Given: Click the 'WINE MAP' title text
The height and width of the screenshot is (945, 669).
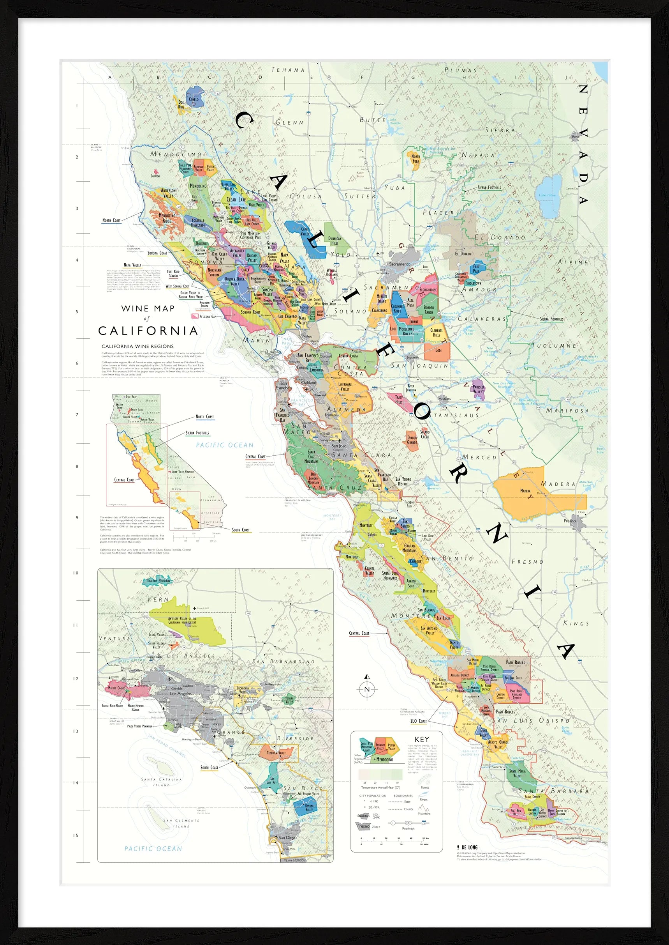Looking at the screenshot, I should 148,308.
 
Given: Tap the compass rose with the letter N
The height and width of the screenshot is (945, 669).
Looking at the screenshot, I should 367,688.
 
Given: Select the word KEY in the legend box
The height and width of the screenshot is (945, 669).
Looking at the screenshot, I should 422,739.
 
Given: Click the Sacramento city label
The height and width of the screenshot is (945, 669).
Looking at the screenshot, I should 400,264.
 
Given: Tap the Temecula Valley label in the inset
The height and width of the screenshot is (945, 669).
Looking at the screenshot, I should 276,752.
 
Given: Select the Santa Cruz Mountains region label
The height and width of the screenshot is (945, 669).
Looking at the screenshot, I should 312,457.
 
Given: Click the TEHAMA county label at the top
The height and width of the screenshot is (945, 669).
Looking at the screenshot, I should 288,70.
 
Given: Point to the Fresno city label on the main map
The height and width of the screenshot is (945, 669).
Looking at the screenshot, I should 570,521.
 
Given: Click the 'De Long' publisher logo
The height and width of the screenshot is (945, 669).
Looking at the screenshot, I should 468,847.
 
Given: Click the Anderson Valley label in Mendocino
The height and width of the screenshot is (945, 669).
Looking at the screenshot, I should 168,193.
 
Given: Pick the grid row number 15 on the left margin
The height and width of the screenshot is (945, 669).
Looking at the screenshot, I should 76,835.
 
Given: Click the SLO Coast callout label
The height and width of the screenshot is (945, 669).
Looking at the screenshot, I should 419,721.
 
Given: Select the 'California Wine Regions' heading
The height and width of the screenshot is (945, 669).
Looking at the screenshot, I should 137,346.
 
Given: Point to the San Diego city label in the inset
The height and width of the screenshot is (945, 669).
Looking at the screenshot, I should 287,837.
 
